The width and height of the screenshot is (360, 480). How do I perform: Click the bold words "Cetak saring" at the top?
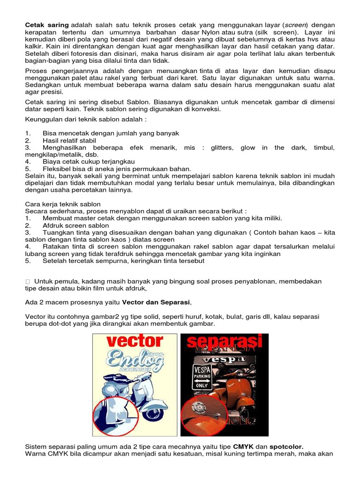(46, 24)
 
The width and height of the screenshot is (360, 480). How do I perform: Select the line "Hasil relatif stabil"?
(69, 141)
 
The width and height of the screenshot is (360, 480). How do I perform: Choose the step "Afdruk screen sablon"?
(75, 225)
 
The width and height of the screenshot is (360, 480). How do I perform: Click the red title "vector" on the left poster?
(134, 341)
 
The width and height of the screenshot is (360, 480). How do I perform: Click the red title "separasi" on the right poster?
(224, 341)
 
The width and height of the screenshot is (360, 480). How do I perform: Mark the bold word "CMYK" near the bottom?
(243, 447)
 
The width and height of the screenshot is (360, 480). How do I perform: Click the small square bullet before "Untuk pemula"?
(28, 281)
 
